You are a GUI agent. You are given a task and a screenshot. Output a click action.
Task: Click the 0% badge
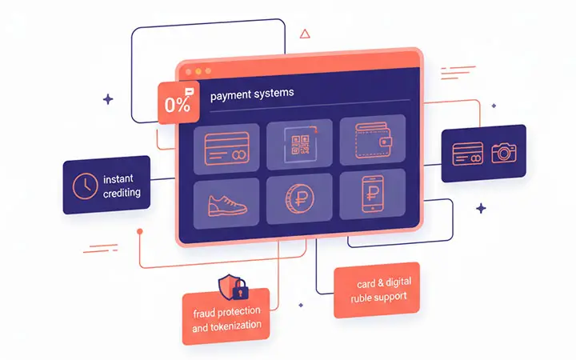tap(177, 104)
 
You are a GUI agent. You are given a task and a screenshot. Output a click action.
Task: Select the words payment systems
tap(252, 94)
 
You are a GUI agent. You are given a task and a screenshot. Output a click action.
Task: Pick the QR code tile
tap(299, 144)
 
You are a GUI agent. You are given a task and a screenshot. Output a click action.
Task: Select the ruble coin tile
tap(299, 199)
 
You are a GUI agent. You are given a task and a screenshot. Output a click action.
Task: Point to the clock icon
tap(82, 185)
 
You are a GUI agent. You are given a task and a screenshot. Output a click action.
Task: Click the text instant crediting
tap(122, 186)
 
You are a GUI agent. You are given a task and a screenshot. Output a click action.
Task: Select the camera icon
tap(504, 153)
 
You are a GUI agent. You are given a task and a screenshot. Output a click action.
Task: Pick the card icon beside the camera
tap(466, 153)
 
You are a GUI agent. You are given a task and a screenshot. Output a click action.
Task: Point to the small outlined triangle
tap(304, 34)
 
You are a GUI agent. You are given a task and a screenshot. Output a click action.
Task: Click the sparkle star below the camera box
tap(481, 208)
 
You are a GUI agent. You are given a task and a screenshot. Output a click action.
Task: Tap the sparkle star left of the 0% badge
tap(108, 99)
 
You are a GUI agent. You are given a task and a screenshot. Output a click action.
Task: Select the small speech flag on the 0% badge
tap(188, 94)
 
